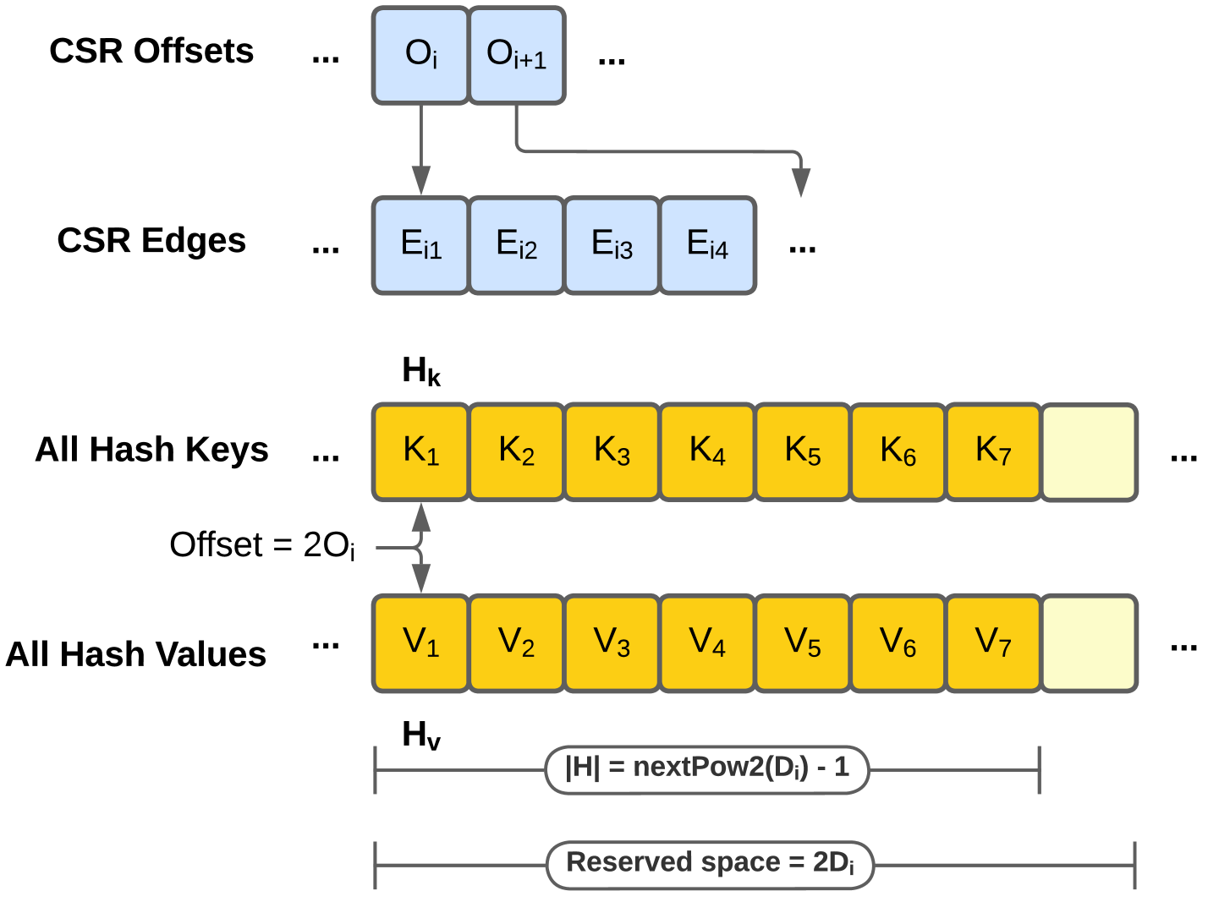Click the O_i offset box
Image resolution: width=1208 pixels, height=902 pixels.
[x=420, y=56]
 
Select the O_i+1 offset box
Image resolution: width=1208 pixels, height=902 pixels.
[x=517, y=56]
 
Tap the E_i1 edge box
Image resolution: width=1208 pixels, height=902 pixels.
[x=420, y=246]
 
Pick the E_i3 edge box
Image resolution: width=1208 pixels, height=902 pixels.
[x=612, y=246]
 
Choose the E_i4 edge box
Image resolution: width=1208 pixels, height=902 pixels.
[x=707, y=246]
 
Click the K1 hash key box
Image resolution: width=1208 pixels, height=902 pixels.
[x=420, y=452]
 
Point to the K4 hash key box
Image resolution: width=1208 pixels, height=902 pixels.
[x=707, y=452]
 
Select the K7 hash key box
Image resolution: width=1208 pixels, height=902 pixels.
[x=993, y=452]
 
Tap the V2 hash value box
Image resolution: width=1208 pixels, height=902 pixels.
[x=516, y=643]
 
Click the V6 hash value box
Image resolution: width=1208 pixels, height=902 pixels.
[x=898, y=643]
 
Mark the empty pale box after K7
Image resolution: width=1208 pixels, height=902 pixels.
[x=1089, y=452]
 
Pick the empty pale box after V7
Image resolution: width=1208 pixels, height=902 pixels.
[x=1089, y=643]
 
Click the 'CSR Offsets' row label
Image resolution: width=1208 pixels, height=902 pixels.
[x=151, y=52]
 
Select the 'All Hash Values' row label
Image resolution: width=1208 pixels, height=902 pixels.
[x=136, y=654]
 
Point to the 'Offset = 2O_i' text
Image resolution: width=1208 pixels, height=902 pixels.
[x=262, y=545]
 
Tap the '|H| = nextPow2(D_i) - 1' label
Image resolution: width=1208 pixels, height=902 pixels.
[x=707, y=768]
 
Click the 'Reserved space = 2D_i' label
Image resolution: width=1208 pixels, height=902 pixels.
[x=710, y=864]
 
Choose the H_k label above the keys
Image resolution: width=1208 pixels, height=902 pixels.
[x=420, y=371]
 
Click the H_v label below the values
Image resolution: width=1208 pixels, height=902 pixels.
[x=420, y=735]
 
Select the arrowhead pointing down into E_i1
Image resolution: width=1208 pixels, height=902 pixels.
[x=420, y=181]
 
